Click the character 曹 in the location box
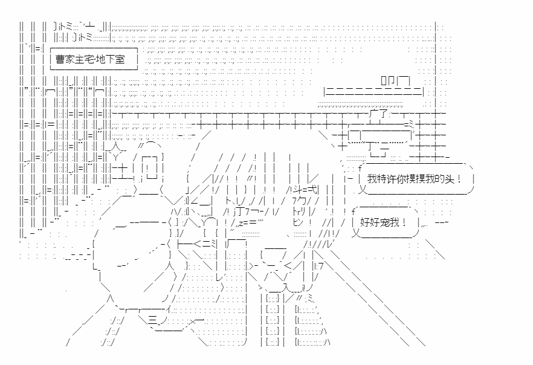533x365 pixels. coord(61,60)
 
